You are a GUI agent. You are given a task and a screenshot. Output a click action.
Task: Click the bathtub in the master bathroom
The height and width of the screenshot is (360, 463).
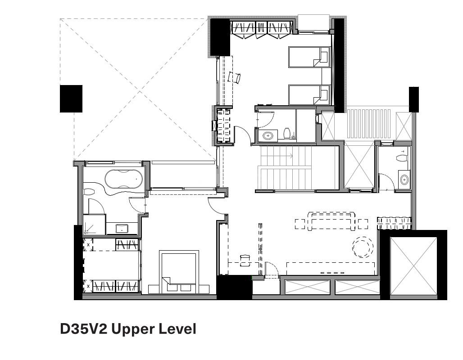(x=124, y=179)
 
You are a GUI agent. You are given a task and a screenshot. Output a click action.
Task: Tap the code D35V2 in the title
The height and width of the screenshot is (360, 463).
(x=84, y=329)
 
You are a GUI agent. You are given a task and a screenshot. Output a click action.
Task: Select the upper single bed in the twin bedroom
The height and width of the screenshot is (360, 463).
(x=309, y=57)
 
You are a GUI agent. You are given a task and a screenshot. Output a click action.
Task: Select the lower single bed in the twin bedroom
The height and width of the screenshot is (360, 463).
(x=309, y=95)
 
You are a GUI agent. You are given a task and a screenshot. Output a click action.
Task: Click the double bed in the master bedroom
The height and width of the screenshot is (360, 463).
(x=179, y=272)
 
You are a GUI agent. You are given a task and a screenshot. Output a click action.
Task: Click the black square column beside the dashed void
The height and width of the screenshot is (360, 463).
(x=71, y=99)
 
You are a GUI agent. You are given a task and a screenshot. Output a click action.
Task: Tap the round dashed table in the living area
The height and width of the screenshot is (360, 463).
(x=363, y=247)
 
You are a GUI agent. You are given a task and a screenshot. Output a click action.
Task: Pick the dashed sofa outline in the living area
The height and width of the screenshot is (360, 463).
(x=331, y=220)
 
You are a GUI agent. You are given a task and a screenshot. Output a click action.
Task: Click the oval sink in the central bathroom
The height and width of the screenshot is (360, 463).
(x=268, y=136)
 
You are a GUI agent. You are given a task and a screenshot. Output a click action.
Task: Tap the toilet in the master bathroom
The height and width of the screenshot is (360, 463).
(x=89, y=192)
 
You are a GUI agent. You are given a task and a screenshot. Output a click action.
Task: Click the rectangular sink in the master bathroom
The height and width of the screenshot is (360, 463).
(x=122, y=229)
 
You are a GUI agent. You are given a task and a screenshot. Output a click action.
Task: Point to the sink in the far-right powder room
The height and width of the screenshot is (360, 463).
(x=404, y=179)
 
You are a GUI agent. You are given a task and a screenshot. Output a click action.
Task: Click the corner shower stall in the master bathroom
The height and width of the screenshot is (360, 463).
(x=94, y=225)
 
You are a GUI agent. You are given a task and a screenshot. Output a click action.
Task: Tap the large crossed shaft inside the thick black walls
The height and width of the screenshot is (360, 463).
(x=413, y=265)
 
